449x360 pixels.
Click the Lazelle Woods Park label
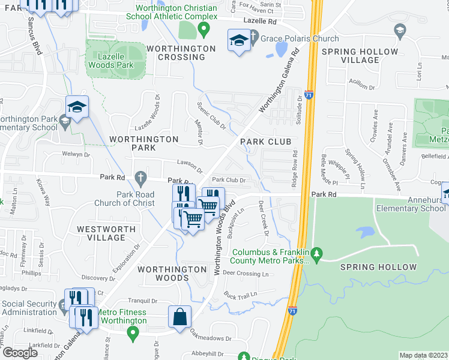click(115, 60)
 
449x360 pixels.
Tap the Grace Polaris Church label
click(294, 39)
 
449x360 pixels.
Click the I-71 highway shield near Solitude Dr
click(308, 95)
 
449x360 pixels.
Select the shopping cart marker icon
click(193, 220)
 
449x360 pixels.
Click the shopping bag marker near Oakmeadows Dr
click(180, 316)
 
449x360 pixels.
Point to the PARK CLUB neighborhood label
click(266, 142)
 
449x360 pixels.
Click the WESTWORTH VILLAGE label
click(101, 233)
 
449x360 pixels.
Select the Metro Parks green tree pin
click(318, 254)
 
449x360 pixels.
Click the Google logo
click(20, 352)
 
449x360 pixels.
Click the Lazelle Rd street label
click(260, 21)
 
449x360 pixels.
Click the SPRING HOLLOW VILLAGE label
click(360, 56)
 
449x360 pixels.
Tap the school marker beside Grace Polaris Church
click(238, 41)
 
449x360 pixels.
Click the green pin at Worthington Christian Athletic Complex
click(203, 28)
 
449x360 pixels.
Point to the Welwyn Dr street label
click(76, 154)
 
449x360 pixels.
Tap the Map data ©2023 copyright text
click(423, 355)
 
